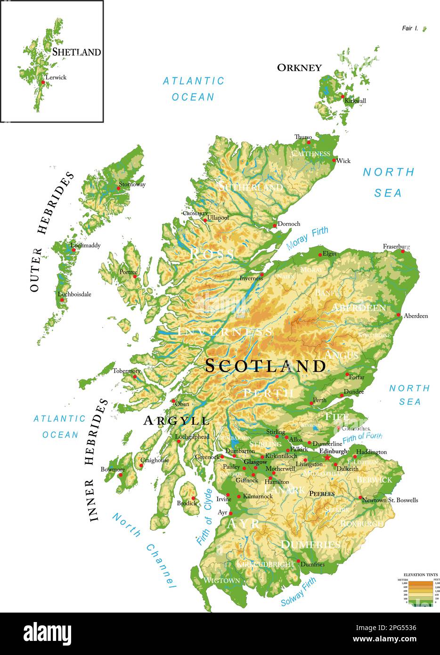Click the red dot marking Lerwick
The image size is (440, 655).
43,82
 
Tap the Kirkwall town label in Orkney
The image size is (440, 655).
355,100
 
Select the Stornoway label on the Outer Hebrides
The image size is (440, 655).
132,184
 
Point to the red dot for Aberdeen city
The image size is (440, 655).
399,315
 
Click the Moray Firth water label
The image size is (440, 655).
307,238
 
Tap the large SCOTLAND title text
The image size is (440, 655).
265,366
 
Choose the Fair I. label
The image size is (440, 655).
410,29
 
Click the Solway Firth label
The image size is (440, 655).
298,592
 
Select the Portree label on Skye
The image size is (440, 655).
128,272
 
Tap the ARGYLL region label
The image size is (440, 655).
176,420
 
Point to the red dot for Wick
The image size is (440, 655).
334,161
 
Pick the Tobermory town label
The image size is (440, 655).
126,371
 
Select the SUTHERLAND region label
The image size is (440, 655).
251,187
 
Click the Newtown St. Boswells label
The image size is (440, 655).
390,500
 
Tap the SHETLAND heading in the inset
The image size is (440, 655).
76,52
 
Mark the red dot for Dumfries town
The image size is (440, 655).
298,561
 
